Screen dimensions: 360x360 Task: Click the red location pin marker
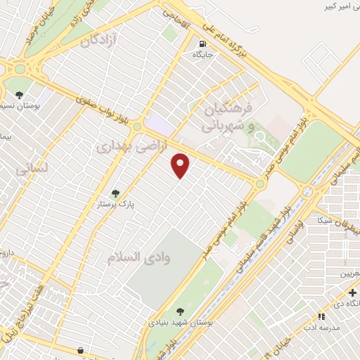click(x=181, y=165)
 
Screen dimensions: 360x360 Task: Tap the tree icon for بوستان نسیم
click(x=20, y=94)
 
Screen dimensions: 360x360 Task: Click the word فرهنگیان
click(x=229, y=110)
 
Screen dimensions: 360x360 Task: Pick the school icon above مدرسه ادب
click(x=321, y=317)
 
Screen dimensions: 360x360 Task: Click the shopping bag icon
click(x=81, y=349)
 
